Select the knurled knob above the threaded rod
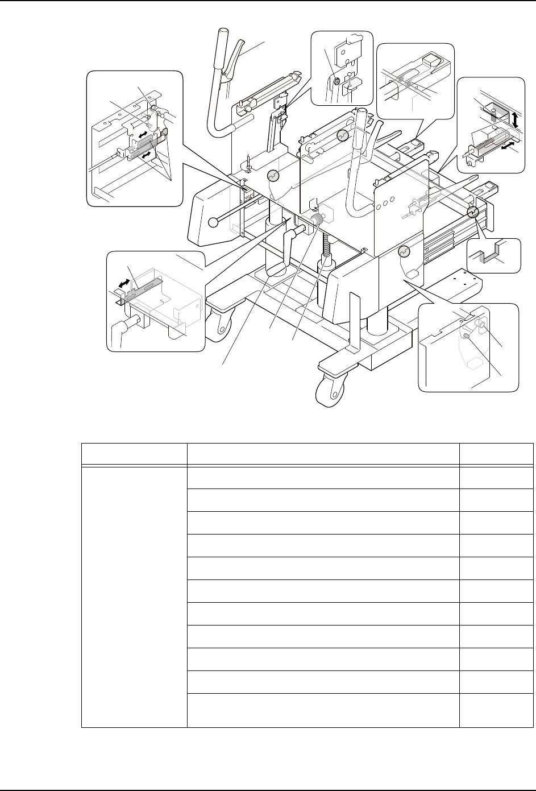tap(317, 220)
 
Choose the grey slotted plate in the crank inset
tap(143, 288)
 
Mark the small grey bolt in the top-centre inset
tap(336, 82)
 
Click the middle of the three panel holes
tap(392, 201)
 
